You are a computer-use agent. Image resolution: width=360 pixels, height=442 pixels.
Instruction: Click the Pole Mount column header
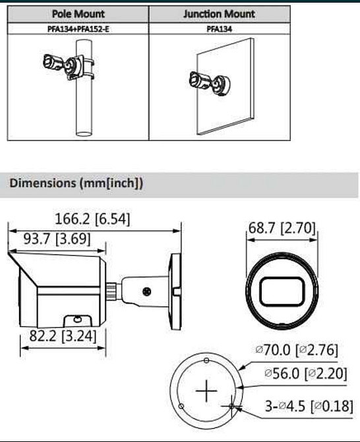tap(78, 14)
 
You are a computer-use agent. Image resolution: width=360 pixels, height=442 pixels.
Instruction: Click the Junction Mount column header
tap(218, 14)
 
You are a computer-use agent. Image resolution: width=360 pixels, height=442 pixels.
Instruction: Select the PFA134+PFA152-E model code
tap(78, 29)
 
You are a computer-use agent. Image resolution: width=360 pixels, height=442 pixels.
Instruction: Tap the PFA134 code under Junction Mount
tap(218, 29)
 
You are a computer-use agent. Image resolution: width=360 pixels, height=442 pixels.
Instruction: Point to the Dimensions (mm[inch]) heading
tap(76, 183)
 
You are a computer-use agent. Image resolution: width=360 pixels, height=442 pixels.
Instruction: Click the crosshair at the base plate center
tap(207, 393)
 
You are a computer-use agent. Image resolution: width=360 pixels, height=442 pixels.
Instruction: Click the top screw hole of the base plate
tap(207, 360)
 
